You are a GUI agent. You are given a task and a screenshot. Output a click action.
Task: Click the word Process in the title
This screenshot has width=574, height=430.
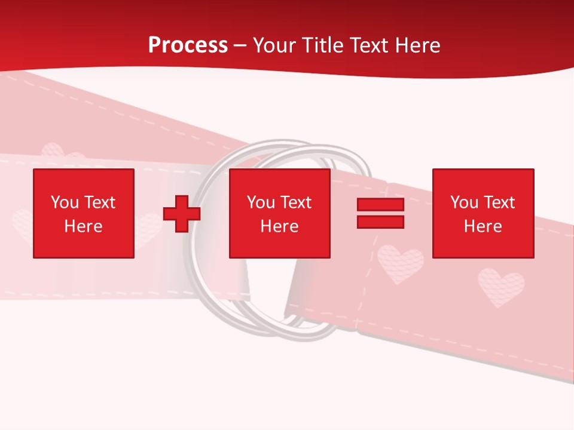(x=188, y=45)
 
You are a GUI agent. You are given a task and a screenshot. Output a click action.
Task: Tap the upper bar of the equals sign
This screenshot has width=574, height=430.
(x=380, y=205)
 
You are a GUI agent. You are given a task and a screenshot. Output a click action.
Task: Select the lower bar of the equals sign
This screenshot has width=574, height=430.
(x=380, y=222)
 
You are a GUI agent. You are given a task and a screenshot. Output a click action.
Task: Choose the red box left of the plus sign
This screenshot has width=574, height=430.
(x=84, y=213)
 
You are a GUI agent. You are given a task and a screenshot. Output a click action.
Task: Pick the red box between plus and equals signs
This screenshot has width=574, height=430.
(x=279, y=213)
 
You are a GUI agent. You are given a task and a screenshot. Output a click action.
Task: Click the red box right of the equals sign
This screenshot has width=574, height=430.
(x=483, y=213)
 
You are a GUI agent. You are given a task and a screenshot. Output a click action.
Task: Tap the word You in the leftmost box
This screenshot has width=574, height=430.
(x=65, y=202)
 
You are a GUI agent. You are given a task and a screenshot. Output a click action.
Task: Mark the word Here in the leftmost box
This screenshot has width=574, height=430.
(x=84, y=226)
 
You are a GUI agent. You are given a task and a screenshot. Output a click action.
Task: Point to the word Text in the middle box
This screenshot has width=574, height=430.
(x=295, y=202)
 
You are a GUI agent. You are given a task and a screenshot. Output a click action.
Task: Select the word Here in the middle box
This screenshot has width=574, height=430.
(x=279, y=226)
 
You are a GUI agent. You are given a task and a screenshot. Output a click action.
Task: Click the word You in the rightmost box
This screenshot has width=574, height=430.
(x=464, y=202)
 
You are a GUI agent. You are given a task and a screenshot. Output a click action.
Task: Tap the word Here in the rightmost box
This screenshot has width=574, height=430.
(x=483, y=226)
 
